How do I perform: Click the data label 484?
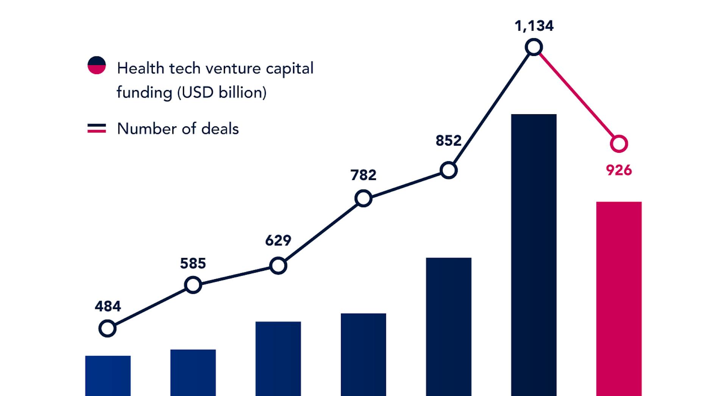click(108, 306)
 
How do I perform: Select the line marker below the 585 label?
click(193, 285)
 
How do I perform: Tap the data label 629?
click(278, 241)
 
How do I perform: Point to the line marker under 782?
click(363, 199)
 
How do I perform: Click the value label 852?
click(448, 141)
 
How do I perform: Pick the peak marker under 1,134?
click(534, 47)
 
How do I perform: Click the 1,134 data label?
click(534, 26)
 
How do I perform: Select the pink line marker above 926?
click(619, 144)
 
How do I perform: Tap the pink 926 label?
click(619, 170)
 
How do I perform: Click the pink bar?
click(619, 299)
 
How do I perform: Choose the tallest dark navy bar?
click(534, 253)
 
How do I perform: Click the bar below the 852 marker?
click(449, 325)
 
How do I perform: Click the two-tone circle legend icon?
click(97, 65)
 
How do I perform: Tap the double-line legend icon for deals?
click(97, 129)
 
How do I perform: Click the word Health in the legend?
click(140, 68)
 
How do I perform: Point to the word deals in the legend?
click(220, 129)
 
